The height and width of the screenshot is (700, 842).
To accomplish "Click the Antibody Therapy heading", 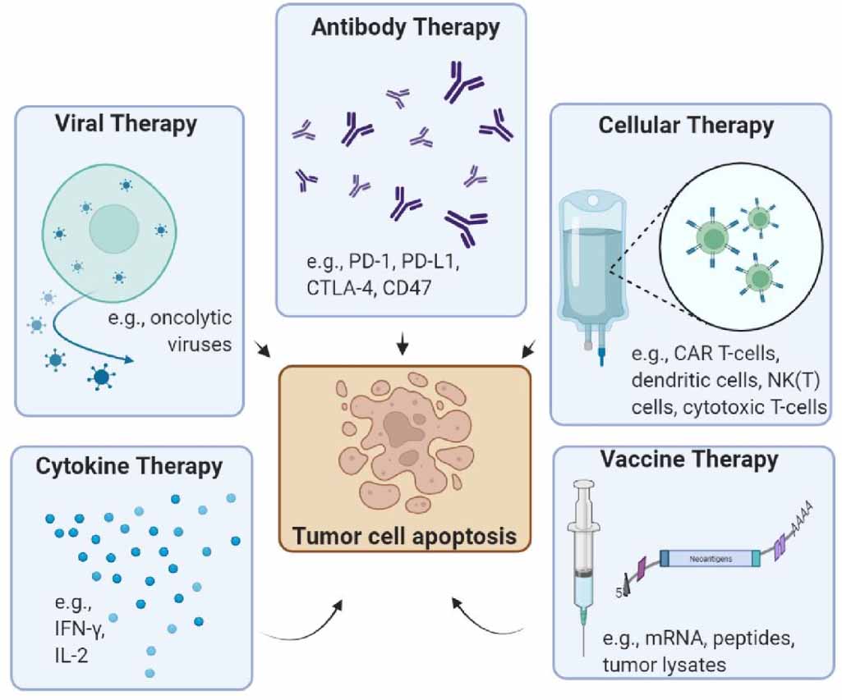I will tap(405, 28).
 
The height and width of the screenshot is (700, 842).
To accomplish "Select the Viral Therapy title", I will tap(126, 124).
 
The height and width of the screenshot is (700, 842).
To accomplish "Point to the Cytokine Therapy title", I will tap(129, 466).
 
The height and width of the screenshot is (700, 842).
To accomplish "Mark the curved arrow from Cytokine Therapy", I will tap(304, 624).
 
